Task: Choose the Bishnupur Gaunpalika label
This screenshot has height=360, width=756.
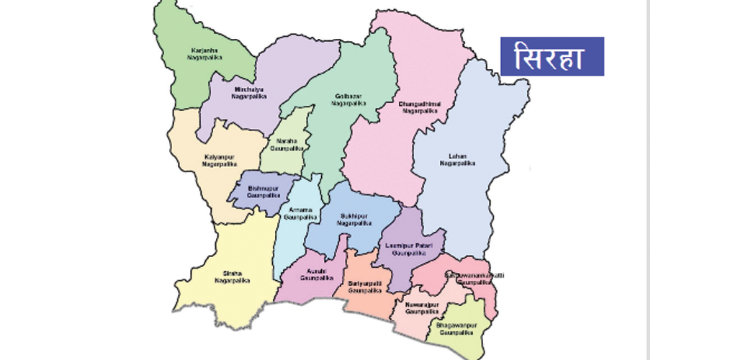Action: pyautogui.click(x=262, y=192)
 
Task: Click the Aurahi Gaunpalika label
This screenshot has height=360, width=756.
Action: pyautogui.click(x=318, y=274)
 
